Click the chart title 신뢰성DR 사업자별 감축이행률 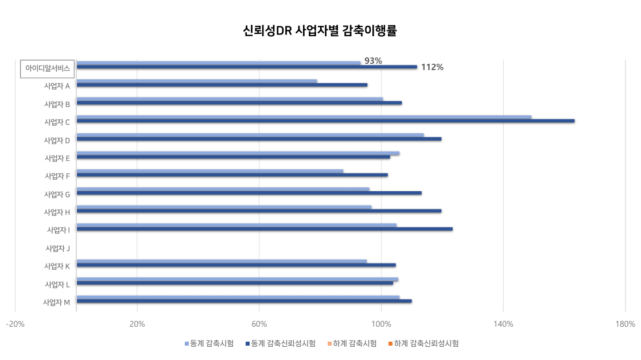320,31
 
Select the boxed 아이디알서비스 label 47,68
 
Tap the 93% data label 373,61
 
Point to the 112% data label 432,67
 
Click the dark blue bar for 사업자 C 325,121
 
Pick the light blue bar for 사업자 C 304,117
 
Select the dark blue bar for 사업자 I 264,229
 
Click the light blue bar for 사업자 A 196,81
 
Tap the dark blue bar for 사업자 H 258,211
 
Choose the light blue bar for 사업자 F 209,171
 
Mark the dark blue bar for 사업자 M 244,301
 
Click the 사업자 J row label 57,249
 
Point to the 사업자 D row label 57,140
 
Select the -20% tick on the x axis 15,324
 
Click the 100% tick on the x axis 381,324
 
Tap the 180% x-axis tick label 625,324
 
